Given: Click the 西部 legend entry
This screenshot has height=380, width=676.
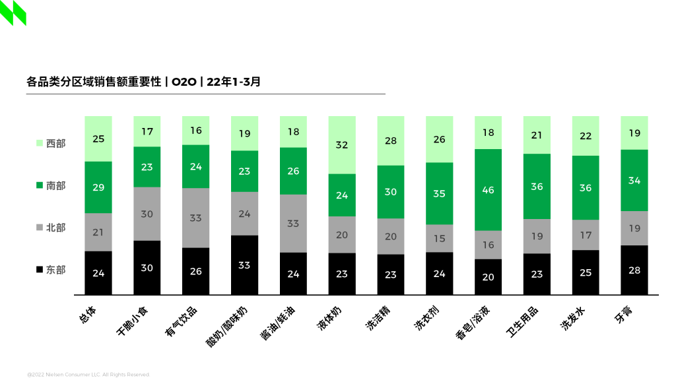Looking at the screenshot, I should [x=51, y=143].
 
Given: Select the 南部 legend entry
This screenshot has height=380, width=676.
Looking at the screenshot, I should [x=51, y=186].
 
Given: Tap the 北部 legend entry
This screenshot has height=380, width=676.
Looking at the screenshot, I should [x=51, y=228].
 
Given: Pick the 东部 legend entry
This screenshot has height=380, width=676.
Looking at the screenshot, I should [x=51, y=270].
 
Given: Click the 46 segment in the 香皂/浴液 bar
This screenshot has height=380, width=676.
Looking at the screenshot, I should [x=488, y=190].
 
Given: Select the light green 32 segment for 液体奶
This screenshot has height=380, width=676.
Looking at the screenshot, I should [x=342, y=145].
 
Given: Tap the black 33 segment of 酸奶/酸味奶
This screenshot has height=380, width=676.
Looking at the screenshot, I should [x=244, y=265].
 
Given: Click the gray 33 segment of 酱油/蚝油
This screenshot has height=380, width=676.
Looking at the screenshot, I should [x=293, y=223].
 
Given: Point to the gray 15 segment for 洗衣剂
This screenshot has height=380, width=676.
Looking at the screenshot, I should [x=439, y=238].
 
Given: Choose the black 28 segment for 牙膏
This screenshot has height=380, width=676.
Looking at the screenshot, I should [x=634, y=270].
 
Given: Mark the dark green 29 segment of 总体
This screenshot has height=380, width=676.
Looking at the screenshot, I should [x=98, y=187].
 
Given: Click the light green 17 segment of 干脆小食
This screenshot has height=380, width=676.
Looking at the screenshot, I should [x=147, y=131].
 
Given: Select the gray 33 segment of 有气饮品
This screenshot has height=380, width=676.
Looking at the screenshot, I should [x=195, y=218].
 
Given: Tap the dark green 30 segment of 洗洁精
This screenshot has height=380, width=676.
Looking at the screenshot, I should [x=391, y=192].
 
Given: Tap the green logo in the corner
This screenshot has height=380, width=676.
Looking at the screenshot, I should [x=13, y=13].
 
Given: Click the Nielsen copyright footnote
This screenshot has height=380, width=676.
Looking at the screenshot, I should [x=88, y=374].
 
